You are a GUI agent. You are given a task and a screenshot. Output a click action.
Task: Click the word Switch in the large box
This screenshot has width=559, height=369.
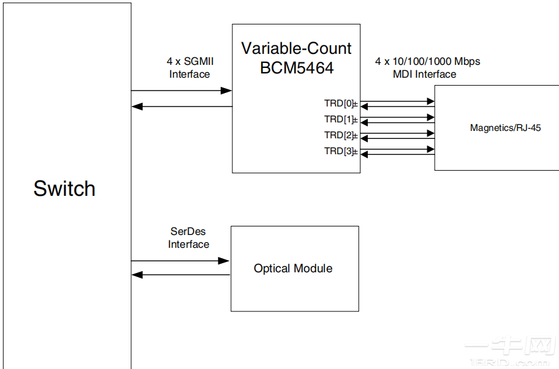(64, 188)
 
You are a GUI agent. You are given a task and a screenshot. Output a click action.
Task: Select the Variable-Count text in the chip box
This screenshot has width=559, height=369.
(296, 48)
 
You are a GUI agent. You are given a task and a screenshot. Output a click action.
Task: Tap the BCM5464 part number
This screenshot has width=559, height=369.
(297, 68)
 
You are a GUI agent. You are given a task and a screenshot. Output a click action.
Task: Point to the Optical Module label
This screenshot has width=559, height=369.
(293, 269)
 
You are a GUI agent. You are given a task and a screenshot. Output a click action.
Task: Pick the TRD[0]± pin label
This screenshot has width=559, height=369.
(341, 103)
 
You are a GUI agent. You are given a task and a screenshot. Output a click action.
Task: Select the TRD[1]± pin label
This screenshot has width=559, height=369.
(341, 119)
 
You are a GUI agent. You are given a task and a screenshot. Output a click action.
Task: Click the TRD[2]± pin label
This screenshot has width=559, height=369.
(341, 135)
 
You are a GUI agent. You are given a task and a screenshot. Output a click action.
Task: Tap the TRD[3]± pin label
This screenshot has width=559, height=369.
(341, 151)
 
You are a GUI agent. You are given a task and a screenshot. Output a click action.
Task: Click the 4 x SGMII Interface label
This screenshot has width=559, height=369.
(189, 68)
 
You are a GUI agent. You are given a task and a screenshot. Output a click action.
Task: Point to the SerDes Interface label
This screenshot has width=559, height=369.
(189, 238)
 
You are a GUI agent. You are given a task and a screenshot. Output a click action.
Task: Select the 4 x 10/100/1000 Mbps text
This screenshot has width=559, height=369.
(427, 62)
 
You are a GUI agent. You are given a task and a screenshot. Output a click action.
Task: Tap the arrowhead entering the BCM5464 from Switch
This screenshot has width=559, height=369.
(227, 91)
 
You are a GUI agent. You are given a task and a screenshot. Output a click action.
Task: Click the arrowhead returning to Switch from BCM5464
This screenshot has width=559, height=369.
(137, 106)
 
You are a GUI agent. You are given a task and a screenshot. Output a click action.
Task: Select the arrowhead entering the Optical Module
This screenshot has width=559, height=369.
(225, 261)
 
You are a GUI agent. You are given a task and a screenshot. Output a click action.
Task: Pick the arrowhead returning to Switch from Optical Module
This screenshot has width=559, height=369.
(137, 275)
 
